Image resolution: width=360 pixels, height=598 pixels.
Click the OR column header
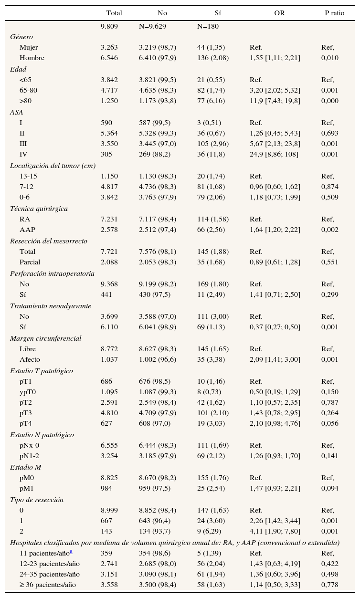[x=279, y=13]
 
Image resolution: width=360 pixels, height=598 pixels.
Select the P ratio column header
[x=334, y=13]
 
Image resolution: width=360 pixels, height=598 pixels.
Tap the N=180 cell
[x=208, y=26]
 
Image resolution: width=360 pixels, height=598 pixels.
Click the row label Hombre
[x=32, y=58]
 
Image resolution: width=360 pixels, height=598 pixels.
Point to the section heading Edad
[x=18, y=69]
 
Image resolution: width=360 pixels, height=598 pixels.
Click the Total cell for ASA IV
[x=107, y=154]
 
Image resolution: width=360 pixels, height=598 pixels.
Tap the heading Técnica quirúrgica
[x=39, y=209]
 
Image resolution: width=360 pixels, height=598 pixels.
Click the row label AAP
[x=28, y=230]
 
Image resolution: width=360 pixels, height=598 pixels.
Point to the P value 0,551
[x=329, y=262]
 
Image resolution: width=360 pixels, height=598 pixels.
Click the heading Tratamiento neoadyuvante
[x=44, y=306]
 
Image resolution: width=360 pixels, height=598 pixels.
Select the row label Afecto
[x=30, y=359]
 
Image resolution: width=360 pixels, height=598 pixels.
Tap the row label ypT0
[x=29, y=392]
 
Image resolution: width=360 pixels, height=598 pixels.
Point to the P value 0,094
[x=329, y=488]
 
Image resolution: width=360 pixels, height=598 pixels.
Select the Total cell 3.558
[x=109, y=585]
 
